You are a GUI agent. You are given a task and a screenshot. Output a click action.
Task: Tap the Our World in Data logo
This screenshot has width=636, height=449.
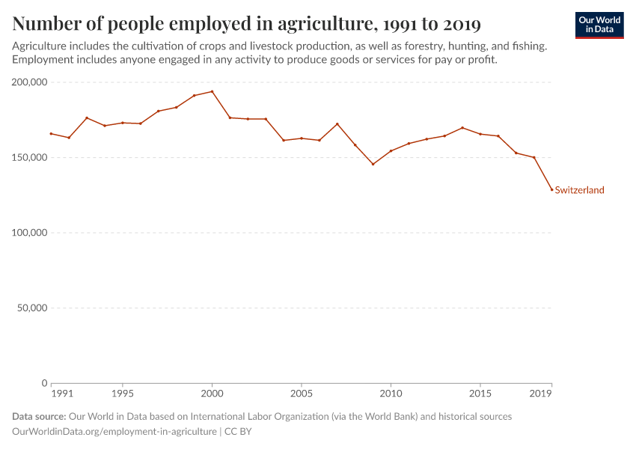click(599, 25)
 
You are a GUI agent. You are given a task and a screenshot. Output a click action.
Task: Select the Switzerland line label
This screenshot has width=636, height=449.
click(579, 190)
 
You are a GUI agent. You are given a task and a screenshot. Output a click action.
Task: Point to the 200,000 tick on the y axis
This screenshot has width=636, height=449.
click(27, 82)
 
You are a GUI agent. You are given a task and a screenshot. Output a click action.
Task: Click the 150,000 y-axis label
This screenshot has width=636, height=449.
click(27, 158)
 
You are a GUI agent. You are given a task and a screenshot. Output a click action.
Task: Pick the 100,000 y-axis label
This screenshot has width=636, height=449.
click(27, 233)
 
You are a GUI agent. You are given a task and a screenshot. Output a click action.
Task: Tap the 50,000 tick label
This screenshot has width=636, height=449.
click(30, 308)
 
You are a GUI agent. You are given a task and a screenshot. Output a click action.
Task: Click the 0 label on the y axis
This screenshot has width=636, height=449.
click(45, 383)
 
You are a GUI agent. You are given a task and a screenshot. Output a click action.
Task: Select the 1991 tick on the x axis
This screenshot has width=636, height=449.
click(62, 394)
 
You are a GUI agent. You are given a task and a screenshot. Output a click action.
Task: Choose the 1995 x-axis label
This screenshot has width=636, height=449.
click(123, 394)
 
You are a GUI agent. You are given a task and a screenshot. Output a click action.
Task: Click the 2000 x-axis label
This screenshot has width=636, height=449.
click(212, 394)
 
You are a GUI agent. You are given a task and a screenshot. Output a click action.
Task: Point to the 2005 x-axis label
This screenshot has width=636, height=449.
click(302, 394)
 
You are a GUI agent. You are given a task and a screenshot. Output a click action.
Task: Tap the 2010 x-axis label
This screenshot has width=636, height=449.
click(391, 394)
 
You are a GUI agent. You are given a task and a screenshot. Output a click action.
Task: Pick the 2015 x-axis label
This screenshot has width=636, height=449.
click(480, 394)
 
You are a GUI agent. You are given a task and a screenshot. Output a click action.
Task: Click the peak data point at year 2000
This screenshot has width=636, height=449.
click(212, 91)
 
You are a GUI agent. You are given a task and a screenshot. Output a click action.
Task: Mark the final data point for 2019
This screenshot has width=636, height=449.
click(551, 189)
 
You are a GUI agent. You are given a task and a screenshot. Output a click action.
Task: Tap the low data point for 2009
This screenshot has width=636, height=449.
click(373, 164)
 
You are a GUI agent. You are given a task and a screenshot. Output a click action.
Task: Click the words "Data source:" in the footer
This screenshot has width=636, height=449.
click(39, 416)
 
